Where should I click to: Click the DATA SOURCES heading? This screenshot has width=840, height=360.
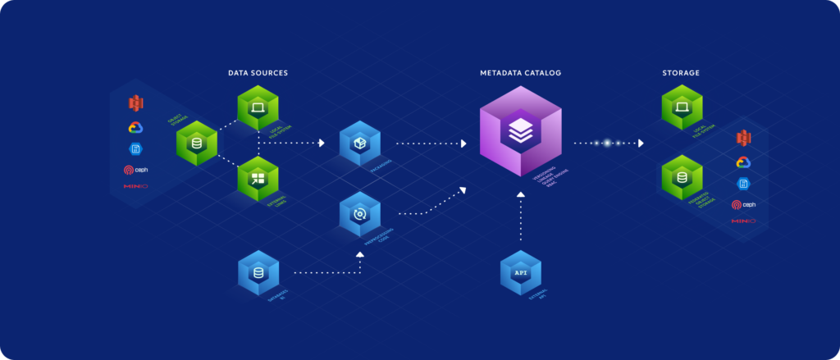(258, 73)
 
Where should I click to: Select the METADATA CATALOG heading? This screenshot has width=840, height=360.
(520, 73)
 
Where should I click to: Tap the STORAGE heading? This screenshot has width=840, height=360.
(681, 73)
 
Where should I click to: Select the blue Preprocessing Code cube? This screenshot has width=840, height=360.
(358, 214)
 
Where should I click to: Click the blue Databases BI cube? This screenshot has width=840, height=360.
(258, 272)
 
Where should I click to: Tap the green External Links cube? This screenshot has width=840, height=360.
(258, 178)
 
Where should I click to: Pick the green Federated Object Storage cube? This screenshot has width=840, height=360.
(681, 177)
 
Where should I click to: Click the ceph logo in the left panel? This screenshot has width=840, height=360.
(135, 171)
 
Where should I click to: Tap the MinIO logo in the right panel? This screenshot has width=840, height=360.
(743, 221)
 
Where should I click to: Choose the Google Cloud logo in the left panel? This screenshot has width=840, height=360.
(135, 127)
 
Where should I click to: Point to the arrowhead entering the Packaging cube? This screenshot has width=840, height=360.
(322, 143)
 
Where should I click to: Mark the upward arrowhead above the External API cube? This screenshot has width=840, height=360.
(519, 195)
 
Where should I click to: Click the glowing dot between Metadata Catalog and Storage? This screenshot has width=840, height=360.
(607, 143)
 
